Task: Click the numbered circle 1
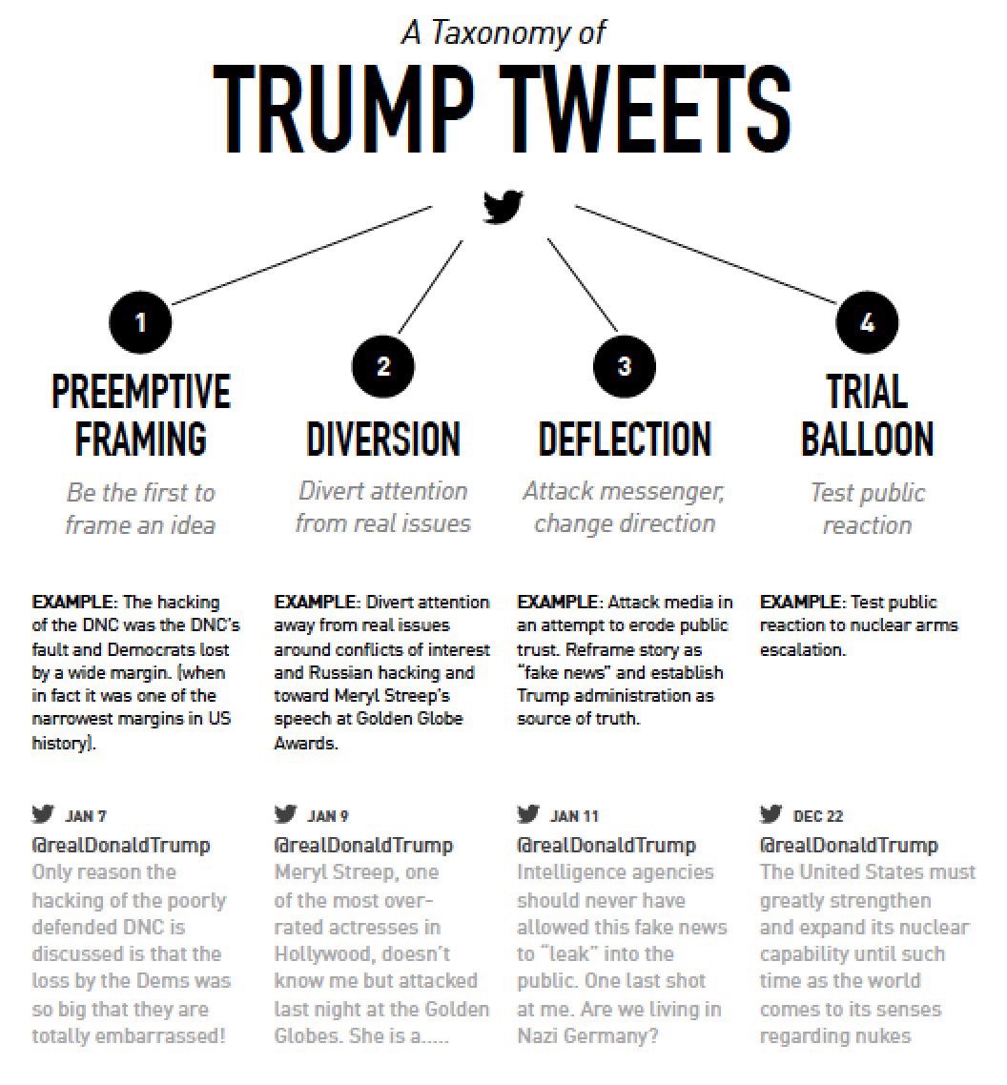(140, 322)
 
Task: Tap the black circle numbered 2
(383, 367)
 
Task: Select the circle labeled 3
(625, 367)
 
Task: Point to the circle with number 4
(867, 322)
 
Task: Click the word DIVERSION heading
(383, 439)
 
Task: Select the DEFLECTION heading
(625, 439)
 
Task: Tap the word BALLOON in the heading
(867, 440)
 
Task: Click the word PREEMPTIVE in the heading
(140, 391)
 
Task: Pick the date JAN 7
(86, 816)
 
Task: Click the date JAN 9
(328, 816)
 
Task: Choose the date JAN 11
(574, 816)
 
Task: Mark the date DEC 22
(818, 816)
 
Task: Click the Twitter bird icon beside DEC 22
(771, 814)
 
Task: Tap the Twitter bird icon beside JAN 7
(43, 814)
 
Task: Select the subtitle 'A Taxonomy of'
(503, 32)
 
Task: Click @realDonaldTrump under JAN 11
(606, 845)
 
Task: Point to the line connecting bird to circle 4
(706, 255)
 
